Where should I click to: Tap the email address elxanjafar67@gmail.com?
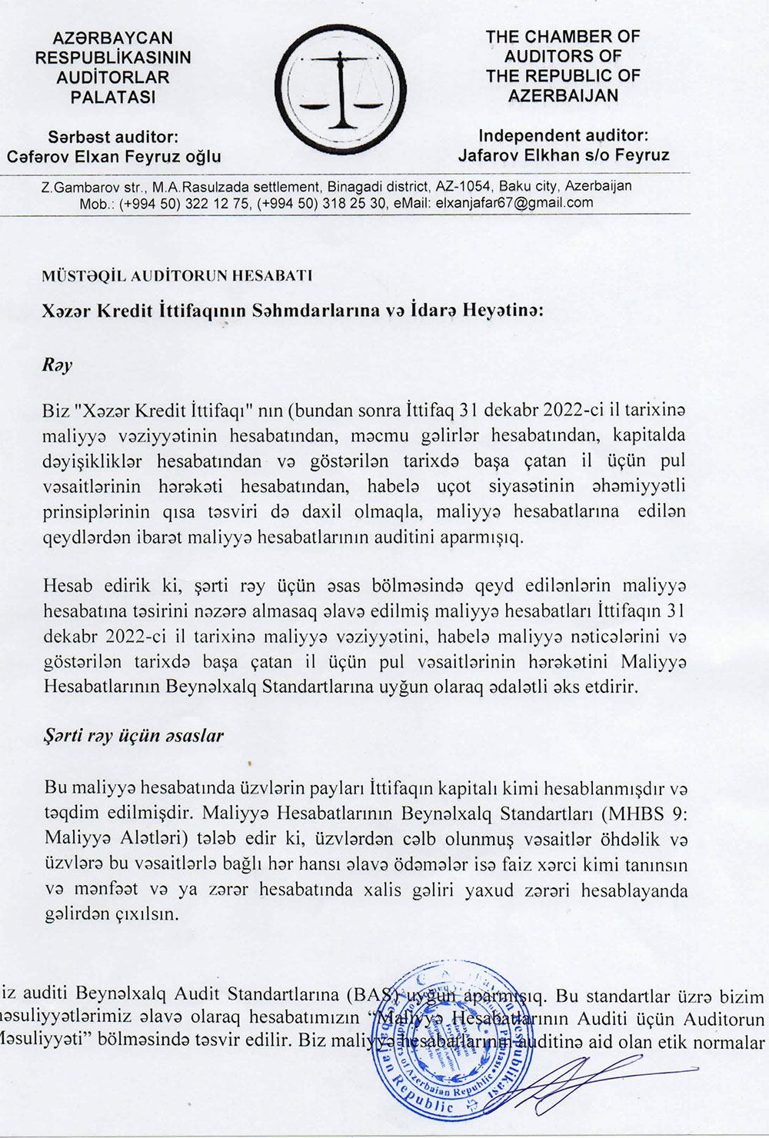(514, 203)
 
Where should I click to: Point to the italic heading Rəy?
(57, 365)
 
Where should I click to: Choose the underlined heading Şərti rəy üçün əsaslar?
(133, 735)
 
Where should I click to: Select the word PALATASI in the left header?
(113, 98)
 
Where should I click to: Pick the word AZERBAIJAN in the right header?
(563, 96)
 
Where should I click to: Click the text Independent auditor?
(563, 135)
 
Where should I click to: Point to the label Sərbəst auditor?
(113, 137)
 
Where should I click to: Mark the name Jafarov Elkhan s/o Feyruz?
(564, 155)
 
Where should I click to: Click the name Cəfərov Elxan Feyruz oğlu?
(114, 157)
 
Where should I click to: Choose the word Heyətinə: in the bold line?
(511, 311)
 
